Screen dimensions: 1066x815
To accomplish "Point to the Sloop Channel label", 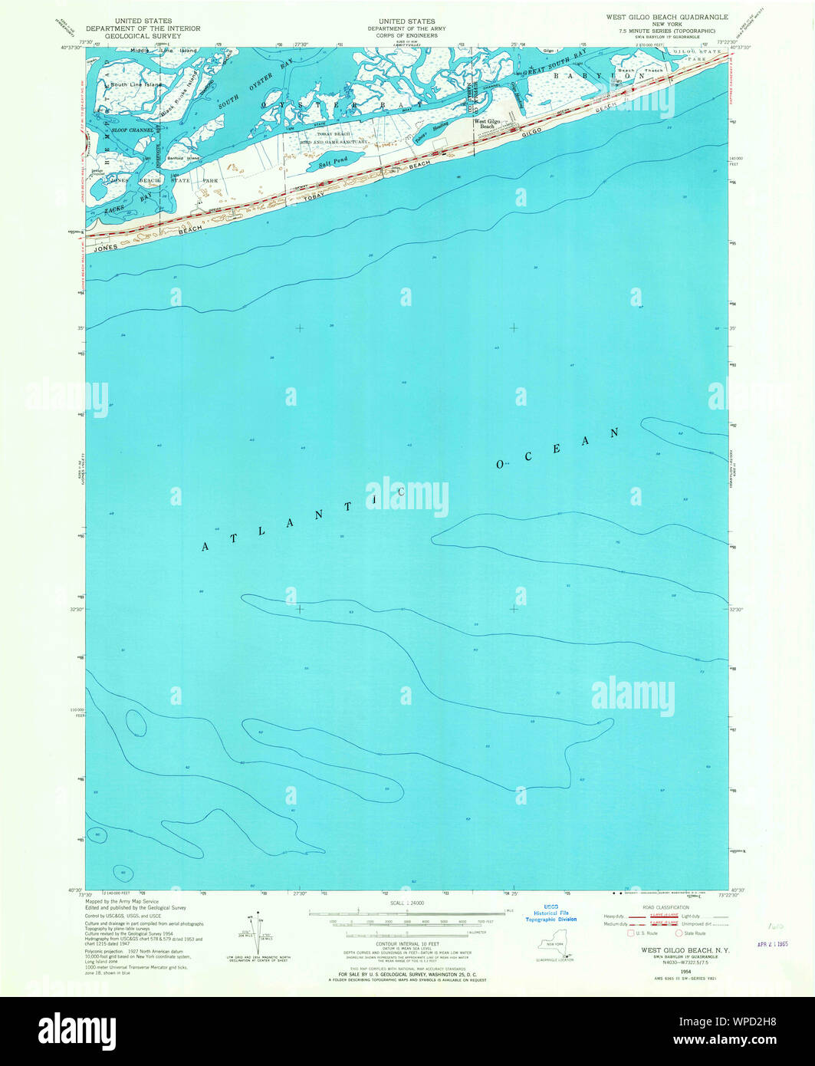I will tap(132, 131).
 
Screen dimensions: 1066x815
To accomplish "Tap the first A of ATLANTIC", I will tap(205, 547).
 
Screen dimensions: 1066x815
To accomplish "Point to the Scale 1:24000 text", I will tap(407, 904).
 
